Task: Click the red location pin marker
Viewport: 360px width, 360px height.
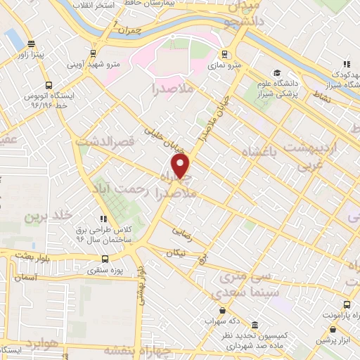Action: [x=181, y=167]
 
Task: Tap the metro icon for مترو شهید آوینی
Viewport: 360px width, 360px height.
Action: [x=92, y=53]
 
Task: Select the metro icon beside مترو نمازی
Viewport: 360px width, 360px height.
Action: [x=224, y=54]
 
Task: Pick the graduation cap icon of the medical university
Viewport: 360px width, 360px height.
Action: [x=276, y=73]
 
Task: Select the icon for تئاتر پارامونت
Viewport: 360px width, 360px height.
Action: [x=348, y=304]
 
